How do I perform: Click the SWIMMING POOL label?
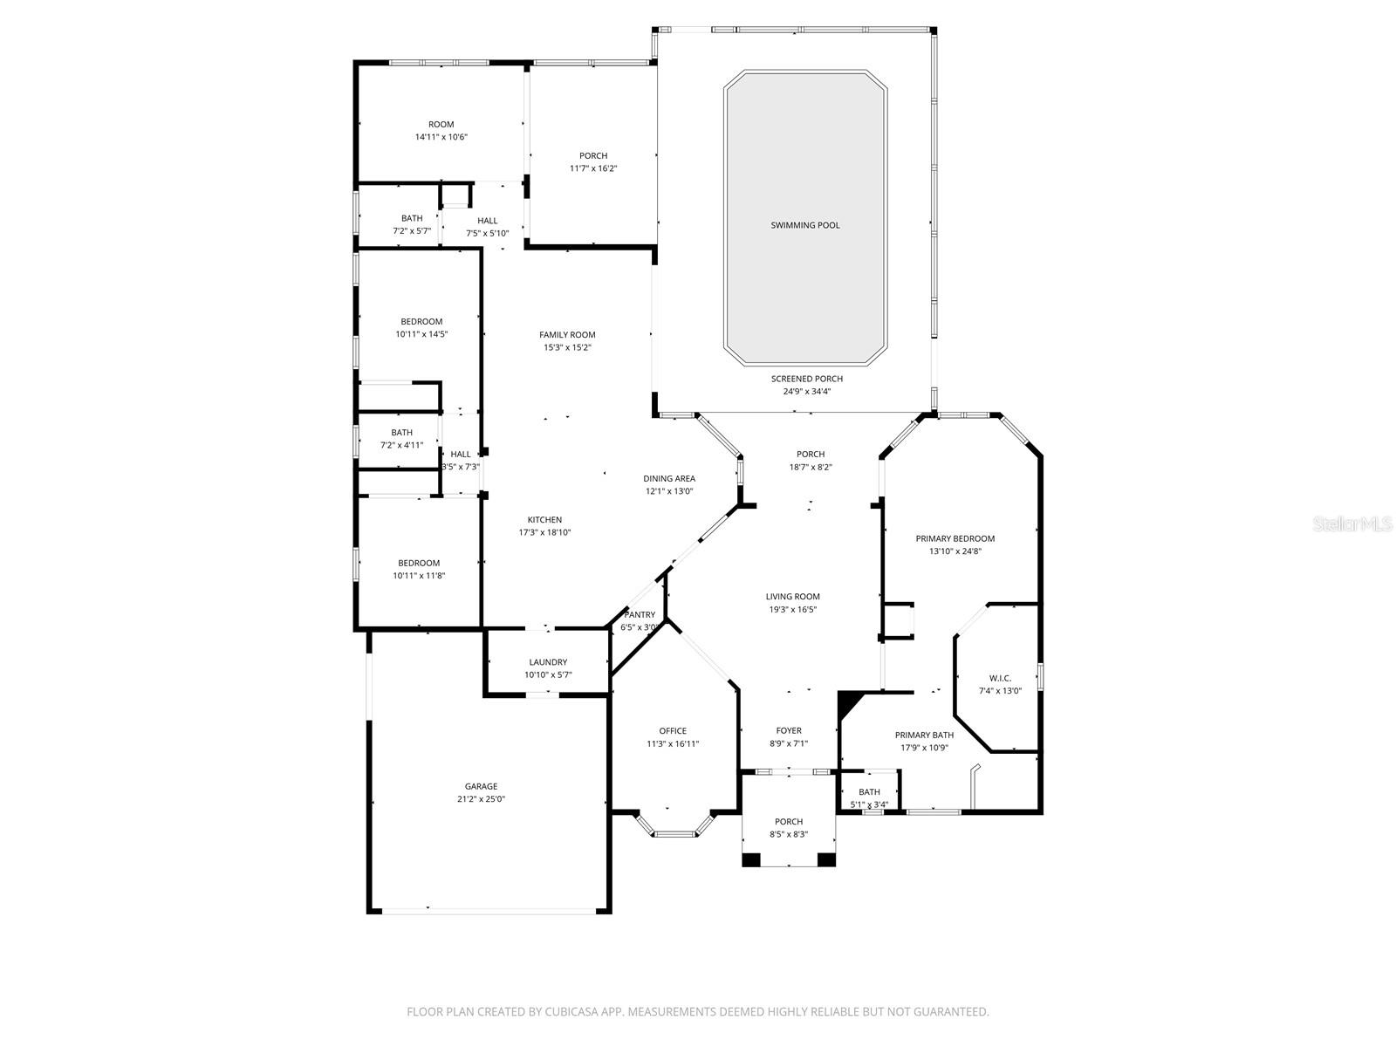click(x=804, y=225)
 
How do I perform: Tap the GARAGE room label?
click(x=481, y=786)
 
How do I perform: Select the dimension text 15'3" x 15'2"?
click(x=567, y=347)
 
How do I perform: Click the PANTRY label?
click(x=640, y=615)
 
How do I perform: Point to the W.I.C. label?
click(x=1000, y=678)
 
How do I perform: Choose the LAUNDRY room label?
click(x=548, y=662)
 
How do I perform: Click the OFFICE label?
click(x=673, y=731)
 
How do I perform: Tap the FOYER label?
click(x=789, y=731)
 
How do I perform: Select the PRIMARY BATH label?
click(x=924, y=736)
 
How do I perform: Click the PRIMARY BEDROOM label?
click(x=955, y=538)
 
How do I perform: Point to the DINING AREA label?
click(x=669, y=478)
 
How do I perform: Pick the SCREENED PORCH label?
click(x=806, y=379)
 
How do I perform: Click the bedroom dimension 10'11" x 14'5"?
click(x=421, y=334)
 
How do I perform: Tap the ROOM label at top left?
click(x=441, y=125)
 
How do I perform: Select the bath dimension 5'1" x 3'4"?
click(x=869, y=804)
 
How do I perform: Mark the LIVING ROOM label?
click(x=792, y=597)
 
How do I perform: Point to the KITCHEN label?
click(x=544, y=520)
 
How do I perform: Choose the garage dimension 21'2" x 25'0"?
click(x=481, y=799)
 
